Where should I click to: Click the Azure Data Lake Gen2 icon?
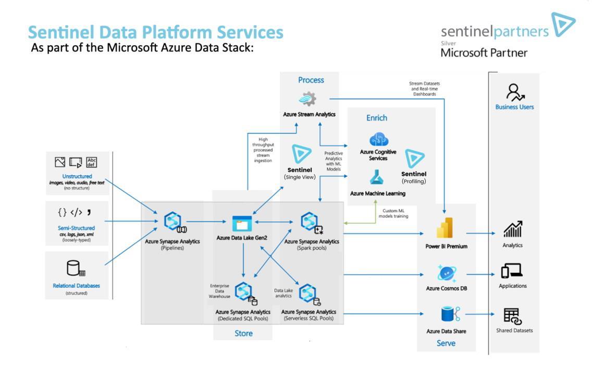(242, 223)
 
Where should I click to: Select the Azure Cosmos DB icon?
(447, 273)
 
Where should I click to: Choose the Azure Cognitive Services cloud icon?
(379, 139)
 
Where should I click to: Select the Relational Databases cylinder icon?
(76, 268)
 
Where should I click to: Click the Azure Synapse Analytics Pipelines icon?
(174, 223)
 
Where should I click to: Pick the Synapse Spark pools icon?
(311, 223)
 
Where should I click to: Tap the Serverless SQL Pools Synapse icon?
(309, 294)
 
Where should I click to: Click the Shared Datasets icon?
(513, 316)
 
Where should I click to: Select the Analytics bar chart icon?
(513, 229)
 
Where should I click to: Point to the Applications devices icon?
(512, 271)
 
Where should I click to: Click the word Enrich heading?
(376, 118)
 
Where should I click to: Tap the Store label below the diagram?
(243, 333)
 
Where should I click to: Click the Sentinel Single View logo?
(300, 154)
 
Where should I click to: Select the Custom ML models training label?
(393, 213)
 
